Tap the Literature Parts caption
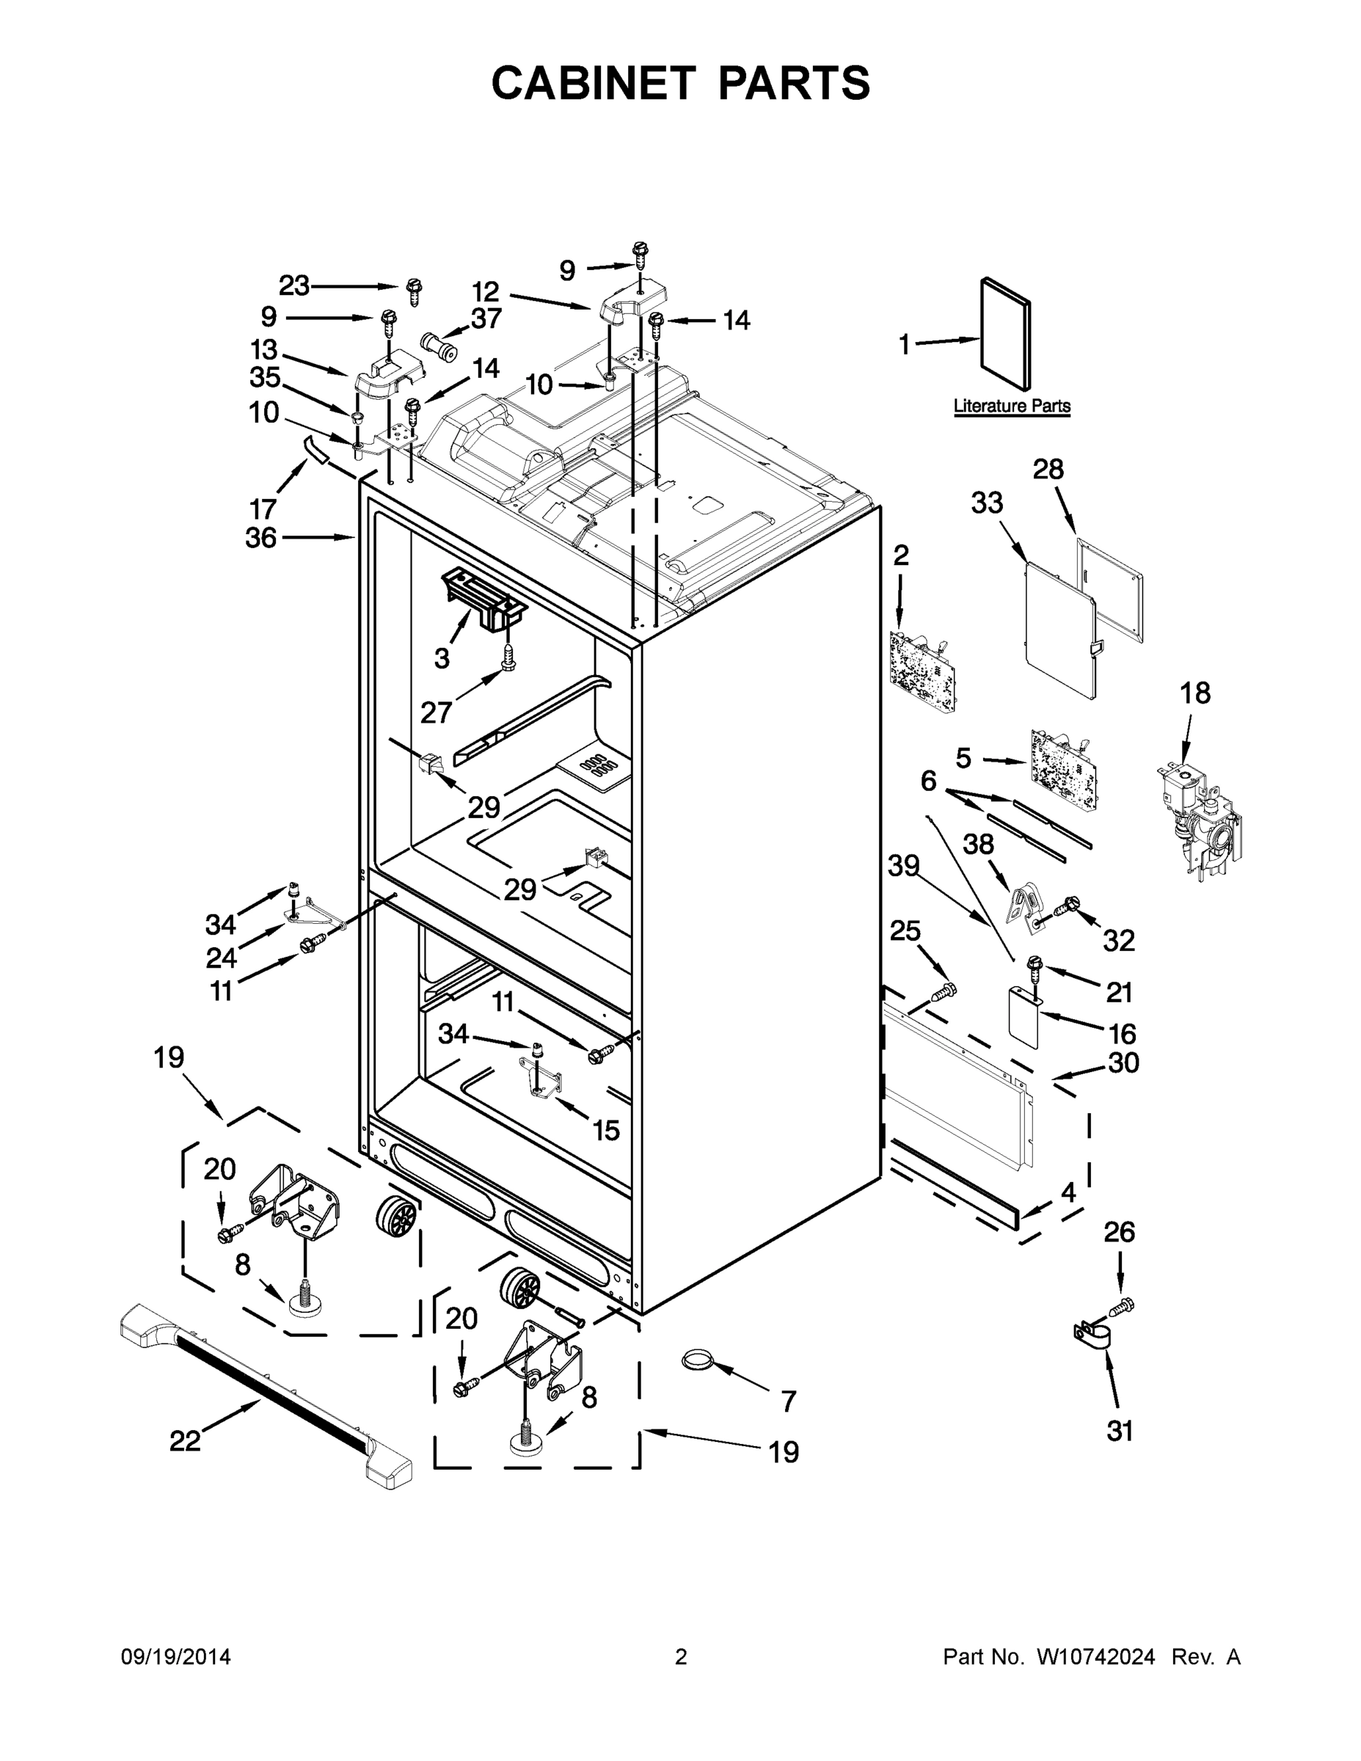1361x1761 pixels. [1011, 406]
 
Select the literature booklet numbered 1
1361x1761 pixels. [1005, 335]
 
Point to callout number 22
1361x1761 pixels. [185, 1441]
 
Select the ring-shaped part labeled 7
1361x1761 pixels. [698, 1361]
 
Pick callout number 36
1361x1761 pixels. [261, 538]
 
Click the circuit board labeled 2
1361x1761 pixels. [923, 671]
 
